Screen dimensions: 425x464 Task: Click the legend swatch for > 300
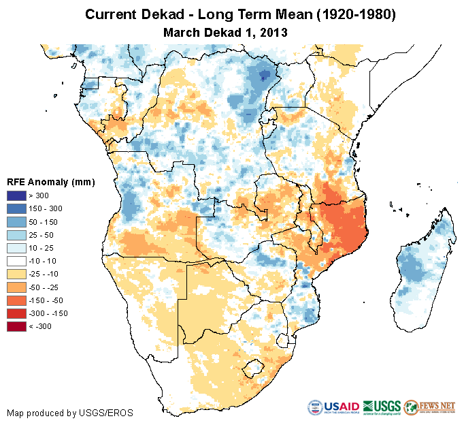(x=16, y=196)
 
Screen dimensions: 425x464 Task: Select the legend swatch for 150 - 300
(x=16, y=209)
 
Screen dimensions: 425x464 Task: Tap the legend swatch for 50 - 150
(x=16, y=222)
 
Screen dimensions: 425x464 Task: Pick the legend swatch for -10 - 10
(x=16, y=261)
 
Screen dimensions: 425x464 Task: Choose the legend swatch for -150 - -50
(x=16, y=300)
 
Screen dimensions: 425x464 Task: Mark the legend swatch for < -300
(x=16, y=326)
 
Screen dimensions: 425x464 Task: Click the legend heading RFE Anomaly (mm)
(x=50, y=182)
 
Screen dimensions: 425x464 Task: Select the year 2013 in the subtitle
(x=274, y=31)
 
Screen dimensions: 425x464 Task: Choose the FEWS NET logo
(x=430, y=407)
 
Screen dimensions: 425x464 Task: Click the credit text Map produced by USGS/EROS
(x=69, y=413)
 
